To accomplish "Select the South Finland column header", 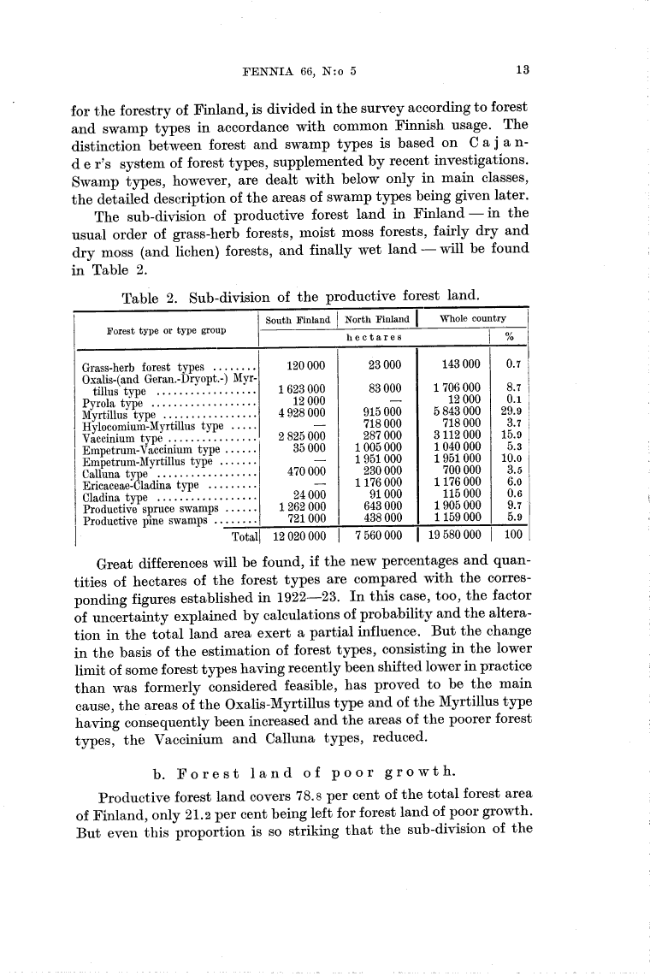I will pyautogui.click(x=298, y=321).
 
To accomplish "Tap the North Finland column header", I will pyautogui.click(x=376, y=321).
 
